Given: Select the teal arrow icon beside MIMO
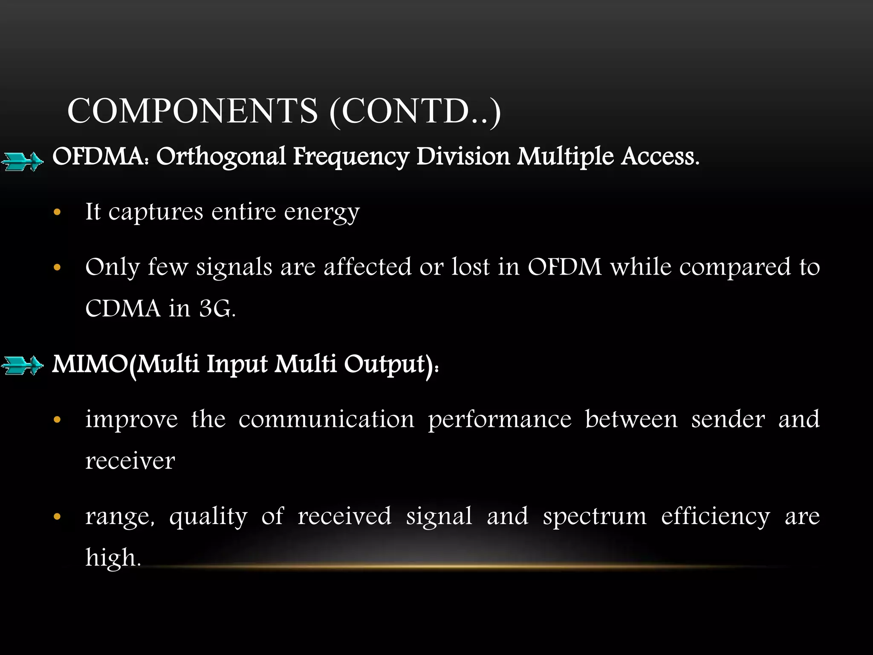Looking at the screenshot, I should click(22, 365).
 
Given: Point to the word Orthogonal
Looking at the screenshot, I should click(221, 157).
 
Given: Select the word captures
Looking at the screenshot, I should click(156, 212).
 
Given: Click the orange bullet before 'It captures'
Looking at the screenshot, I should click(58, 212).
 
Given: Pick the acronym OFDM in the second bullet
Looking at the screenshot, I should click(564, 267).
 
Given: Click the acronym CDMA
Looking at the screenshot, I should click(123, 308).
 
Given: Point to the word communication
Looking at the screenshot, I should click(326, 419).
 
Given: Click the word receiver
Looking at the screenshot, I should click(130, 461).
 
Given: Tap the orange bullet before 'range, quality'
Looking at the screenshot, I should click(58, 517).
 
